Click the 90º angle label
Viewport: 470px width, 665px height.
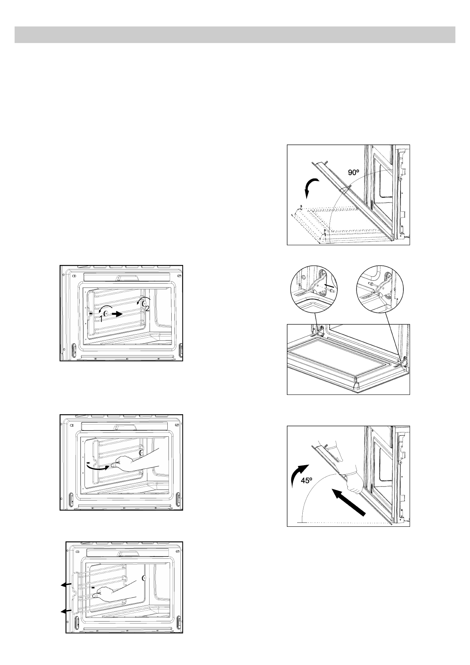coord(354,173)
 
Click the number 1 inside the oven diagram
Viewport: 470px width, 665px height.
coord(101,318)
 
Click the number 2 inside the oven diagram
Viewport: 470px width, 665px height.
coord(147,309)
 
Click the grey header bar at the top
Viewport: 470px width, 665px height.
coord(235,35)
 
